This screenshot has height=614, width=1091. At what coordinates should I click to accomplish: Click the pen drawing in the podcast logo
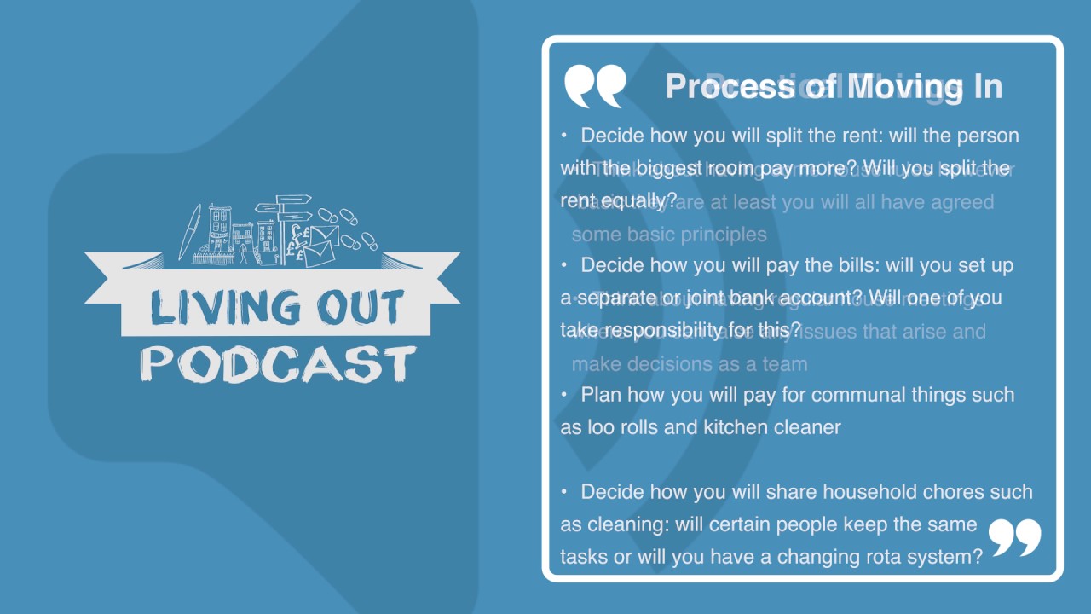pyautogui.click(x=188, y=231)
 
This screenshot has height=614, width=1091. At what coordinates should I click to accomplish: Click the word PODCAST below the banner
pyautogui.click(x=278, y=363)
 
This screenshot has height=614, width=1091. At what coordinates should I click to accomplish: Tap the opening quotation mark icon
pyautogui.click(x=594, y=86)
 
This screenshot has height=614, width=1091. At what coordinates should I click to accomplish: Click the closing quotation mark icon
pyautogui.click(x=1014, y=537)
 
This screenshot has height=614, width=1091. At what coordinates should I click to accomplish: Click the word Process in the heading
pyautogui.click(x=730, y=86)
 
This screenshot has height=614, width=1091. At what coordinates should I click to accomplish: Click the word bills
pyautogui.click(x=856, y=265)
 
